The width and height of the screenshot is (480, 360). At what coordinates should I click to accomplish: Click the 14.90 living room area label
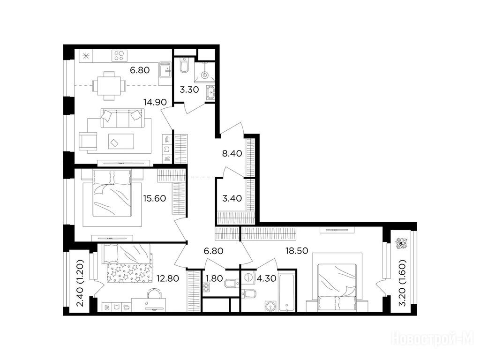click(156, 102)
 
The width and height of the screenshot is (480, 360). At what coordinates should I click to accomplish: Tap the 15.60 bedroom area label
click(155, 198)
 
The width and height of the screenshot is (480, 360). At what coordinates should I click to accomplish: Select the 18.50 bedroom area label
click(297, 251)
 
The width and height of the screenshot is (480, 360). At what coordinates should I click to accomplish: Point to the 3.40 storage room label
click(232, 198)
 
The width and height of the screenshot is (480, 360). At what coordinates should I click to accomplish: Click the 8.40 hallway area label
click(232, 153)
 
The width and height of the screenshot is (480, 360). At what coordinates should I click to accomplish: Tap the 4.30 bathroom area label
click(267, 278)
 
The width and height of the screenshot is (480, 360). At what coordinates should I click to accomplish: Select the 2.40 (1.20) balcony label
click(80, 283)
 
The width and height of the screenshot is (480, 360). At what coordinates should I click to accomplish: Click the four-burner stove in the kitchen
click(120, 55)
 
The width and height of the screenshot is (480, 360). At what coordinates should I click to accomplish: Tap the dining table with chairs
click(109, 86)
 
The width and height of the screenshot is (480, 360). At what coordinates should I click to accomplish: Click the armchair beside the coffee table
click(88, 141)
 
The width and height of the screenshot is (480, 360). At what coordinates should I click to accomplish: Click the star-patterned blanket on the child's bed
click(129, 273)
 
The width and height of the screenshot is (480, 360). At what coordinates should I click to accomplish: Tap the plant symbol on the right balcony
click(400, 243)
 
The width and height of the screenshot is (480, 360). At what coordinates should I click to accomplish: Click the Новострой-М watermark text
click(433, 339)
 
